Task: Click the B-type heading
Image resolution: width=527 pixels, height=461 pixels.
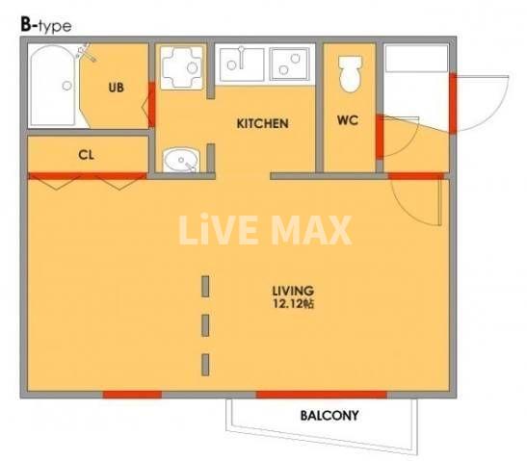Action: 46,26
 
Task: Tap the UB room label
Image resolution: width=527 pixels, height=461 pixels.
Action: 116,88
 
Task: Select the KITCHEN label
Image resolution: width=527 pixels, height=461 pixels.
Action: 262,123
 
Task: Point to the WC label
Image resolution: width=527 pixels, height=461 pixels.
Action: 348,120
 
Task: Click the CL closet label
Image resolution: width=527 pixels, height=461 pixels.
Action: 86,155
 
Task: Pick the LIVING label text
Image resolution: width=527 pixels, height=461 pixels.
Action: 293,291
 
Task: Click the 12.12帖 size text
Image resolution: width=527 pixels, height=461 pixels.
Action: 293,304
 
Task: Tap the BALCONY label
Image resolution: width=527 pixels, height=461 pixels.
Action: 329,416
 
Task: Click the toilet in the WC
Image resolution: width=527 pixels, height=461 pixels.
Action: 351,74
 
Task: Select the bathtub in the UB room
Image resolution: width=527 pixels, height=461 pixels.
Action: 52,86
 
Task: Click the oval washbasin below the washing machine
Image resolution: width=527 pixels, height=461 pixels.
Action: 181,160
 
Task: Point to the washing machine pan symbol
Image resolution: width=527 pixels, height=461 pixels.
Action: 181,67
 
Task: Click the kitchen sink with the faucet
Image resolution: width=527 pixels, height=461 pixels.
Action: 242,64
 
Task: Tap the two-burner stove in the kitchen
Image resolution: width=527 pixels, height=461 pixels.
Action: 290,64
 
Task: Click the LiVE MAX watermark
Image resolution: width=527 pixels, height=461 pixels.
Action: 265,230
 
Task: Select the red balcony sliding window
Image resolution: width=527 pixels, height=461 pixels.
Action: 322,395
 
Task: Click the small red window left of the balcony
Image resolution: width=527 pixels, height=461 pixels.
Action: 132,395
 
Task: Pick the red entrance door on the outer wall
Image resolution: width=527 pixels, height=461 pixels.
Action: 453,103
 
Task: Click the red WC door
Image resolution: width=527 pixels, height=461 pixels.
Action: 380,137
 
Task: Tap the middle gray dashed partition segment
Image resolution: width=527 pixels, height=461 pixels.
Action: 205,325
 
